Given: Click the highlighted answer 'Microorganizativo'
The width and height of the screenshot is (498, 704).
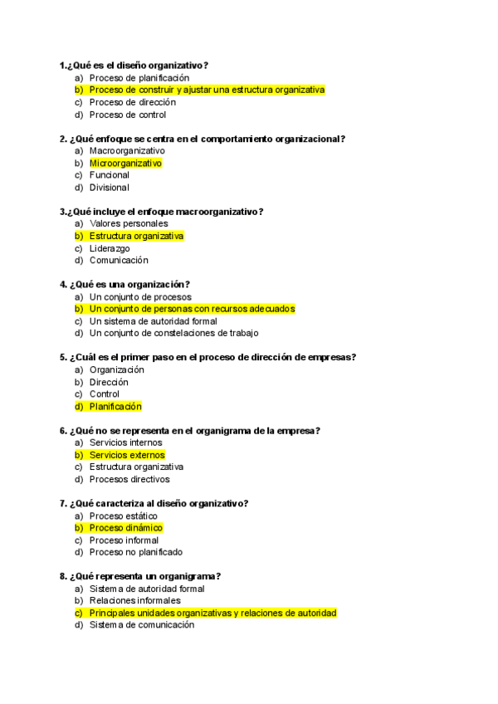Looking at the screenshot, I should click(x=125, y=164).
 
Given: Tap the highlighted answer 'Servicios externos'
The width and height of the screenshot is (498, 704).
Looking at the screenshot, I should click(x=127, y=455).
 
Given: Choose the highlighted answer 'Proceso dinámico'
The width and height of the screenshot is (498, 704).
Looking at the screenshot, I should click(x=126, y=528).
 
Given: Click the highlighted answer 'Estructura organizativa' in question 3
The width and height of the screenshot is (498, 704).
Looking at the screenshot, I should click(x=136, y=236).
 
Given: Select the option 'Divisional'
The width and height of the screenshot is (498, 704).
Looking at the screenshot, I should click(x=110, y=188).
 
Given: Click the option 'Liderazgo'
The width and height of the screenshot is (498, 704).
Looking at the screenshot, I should click(x=110, y=248).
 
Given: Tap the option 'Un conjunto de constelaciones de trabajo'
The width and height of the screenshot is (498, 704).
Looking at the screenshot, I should click(x=173, y=333).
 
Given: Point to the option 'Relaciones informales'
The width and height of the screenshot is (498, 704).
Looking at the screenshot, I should click(x=134, y=600).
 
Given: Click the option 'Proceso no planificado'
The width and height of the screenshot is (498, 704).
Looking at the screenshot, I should click(x=136, y=552).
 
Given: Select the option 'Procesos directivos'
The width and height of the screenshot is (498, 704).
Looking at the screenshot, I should click(x=129, y=479).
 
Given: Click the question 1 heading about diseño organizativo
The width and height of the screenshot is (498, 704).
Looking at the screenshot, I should click(x=134, y=66).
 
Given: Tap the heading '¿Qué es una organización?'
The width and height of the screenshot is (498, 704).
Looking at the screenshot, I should click(x=125, y=285).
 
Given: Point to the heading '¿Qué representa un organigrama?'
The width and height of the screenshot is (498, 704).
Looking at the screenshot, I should click(x=140, y=576).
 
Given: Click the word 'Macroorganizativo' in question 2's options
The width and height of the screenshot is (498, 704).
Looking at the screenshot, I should click(x=127, y=151).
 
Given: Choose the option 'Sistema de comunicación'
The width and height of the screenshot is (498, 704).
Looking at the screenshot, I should click(x=142, y=625).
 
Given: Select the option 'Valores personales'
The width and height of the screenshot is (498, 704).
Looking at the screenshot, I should click(x=129, y=223).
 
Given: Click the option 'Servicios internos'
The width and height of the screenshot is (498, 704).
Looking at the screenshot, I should click(x=126, y=442).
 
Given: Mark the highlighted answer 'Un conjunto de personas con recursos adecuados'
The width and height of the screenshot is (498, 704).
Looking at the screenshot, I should click(x=192, y=309).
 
